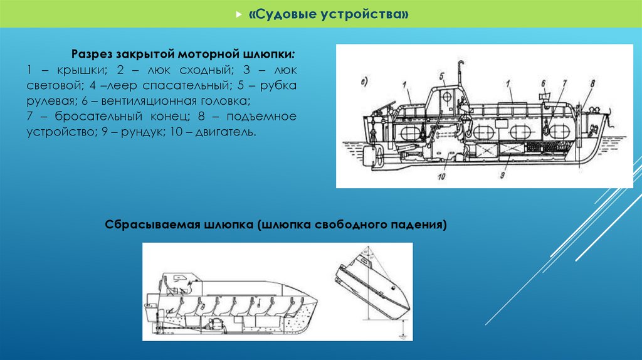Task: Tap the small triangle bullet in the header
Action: coord(239,14)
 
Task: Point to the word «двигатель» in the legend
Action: coord(224,132)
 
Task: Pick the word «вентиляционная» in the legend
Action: coord(149,101)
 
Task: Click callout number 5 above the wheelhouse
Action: coord(442,77)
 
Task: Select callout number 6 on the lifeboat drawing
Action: coord(544,83)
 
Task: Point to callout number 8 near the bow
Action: coord(592,83)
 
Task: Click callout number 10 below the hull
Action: coord(441,177)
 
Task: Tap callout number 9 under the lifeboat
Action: coord(502,175)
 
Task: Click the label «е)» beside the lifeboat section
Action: coord(364,82)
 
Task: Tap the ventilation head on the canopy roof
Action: coord(544,98)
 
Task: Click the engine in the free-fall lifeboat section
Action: coord(216,324)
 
